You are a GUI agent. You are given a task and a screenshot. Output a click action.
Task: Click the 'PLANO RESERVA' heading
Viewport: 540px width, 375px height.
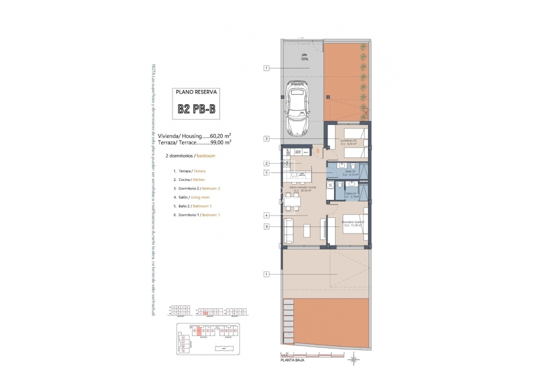196,92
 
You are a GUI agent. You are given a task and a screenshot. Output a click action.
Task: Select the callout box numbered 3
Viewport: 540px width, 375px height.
267,139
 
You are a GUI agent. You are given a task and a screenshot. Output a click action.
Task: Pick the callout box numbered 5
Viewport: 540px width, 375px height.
267,173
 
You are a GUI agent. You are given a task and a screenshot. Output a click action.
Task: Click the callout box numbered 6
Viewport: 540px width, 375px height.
267,226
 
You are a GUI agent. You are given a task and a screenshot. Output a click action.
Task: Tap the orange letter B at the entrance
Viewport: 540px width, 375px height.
317,150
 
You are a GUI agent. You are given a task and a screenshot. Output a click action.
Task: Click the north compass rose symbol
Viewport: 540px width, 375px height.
353,359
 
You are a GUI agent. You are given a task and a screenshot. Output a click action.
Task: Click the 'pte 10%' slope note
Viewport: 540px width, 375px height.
304,57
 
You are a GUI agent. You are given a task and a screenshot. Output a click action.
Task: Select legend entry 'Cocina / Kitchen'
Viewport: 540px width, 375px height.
188,179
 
